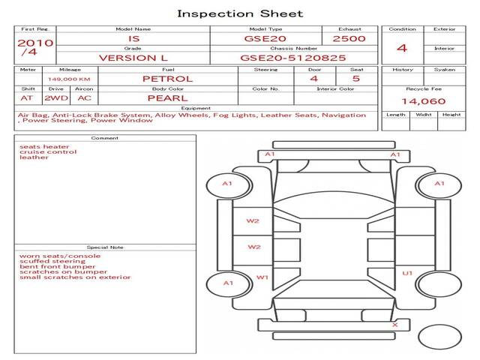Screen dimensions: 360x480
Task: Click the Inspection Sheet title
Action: pyautogui.click(x=240, y=13)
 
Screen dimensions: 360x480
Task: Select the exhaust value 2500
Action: pyautogui.click(x=349, y=38)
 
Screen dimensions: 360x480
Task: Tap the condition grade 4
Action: pyautogui.click(x=402, y=48)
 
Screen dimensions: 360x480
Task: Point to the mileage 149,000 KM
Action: pyautogui.click(x=69, y=79)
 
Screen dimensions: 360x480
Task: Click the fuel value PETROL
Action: pyautogui.click(x=167, y=79)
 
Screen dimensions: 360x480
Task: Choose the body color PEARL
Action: pyautogui.click(x=167, y=98)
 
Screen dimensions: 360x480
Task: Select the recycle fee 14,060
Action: pyautogui.click(x=424, y=101)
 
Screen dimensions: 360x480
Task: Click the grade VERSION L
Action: pyautogui.click(x=133, y=57)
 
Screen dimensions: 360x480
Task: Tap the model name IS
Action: pyautogui.click(x=133, y=38)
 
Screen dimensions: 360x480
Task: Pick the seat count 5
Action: pyautogui.click(x=355, y=79)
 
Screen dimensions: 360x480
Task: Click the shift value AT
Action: pyautogui.click(x=27, y=98)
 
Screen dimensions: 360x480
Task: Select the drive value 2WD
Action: pyautogui.click(x=53, y=98)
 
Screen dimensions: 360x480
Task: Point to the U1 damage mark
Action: pyautogui.click(x=407, y=273)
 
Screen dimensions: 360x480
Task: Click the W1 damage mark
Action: pyautogui.click(x=262, y=277)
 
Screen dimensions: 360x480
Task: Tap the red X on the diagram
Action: pyautogui.click(x=394, y=325)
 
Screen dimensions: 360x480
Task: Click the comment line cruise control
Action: pyautogui.click(x=48, y=152)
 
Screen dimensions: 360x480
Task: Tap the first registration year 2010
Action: pyautogui.click(x=34, y=43)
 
